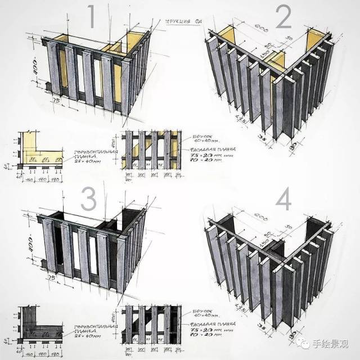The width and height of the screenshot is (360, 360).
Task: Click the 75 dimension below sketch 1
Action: click(56, 102)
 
